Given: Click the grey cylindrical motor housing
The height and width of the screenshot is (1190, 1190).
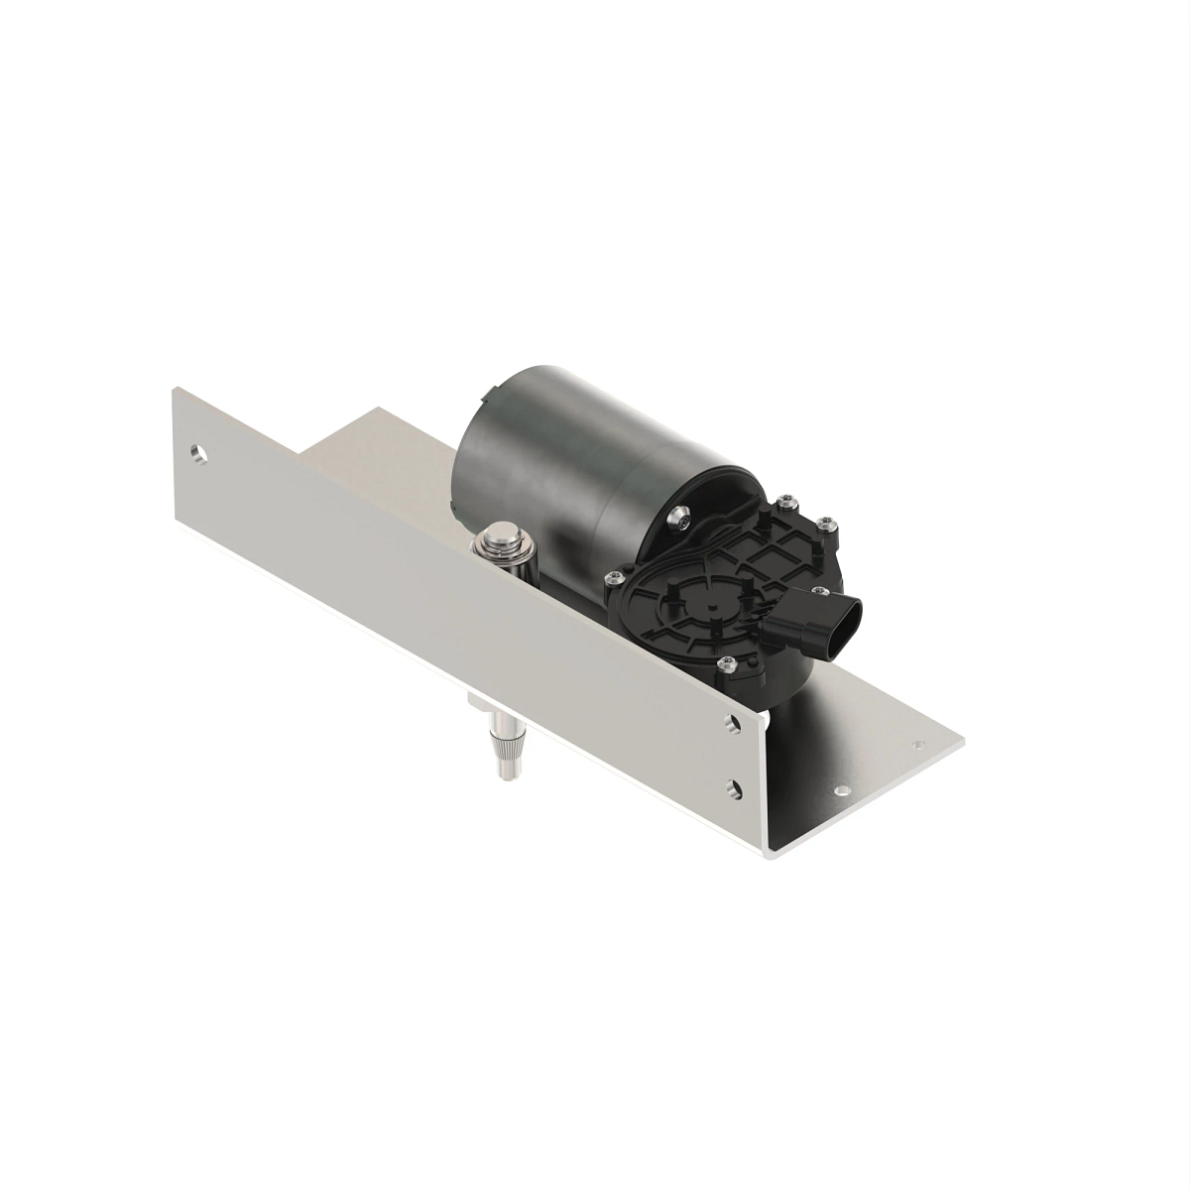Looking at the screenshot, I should (555, 456).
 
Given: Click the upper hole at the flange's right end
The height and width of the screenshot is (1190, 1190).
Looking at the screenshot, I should (733, 725).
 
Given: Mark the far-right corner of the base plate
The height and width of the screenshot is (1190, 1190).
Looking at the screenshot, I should (963, 738).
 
